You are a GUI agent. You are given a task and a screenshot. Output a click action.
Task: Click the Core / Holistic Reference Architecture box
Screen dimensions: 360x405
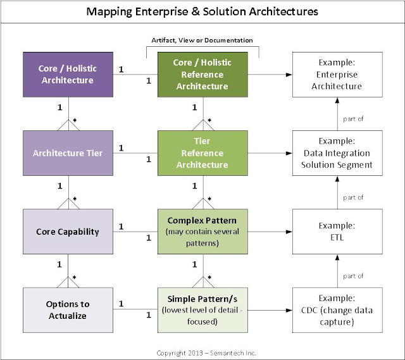(201, 74)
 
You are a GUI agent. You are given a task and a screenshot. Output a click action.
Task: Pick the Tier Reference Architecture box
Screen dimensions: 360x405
(201, 152)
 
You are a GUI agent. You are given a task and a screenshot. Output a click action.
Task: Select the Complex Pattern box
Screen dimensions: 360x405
(201, 231)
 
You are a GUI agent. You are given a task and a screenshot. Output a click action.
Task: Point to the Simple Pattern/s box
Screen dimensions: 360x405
(201, 309)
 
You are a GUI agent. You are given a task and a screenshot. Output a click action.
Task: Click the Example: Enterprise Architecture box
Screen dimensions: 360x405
(337, 74)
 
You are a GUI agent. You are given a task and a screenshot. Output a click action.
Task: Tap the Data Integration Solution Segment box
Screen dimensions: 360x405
(337, 152)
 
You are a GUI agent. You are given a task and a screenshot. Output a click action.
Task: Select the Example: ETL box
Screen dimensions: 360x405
(337, 231)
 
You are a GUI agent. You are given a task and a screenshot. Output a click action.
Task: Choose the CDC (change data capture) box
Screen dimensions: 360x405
(337, 309)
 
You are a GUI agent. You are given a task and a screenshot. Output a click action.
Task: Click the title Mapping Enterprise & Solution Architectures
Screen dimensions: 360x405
(202, 12)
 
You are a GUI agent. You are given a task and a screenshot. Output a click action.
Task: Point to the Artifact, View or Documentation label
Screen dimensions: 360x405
(202, 40)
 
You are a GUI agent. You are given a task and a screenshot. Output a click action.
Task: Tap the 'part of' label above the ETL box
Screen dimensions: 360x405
(353, 197)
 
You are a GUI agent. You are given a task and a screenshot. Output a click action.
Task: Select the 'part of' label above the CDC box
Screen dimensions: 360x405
(353, 276)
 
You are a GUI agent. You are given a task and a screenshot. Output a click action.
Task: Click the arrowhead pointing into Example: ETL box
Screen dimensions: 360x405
(288, 232)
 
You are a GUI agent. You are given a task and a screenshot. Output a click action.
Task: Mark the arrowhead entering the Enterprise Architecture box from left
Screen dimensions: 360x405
(288, 75)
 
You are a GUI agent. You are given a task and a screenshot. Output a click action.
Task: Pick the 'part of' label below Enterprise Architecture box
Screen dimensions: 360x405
(353, 119)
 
